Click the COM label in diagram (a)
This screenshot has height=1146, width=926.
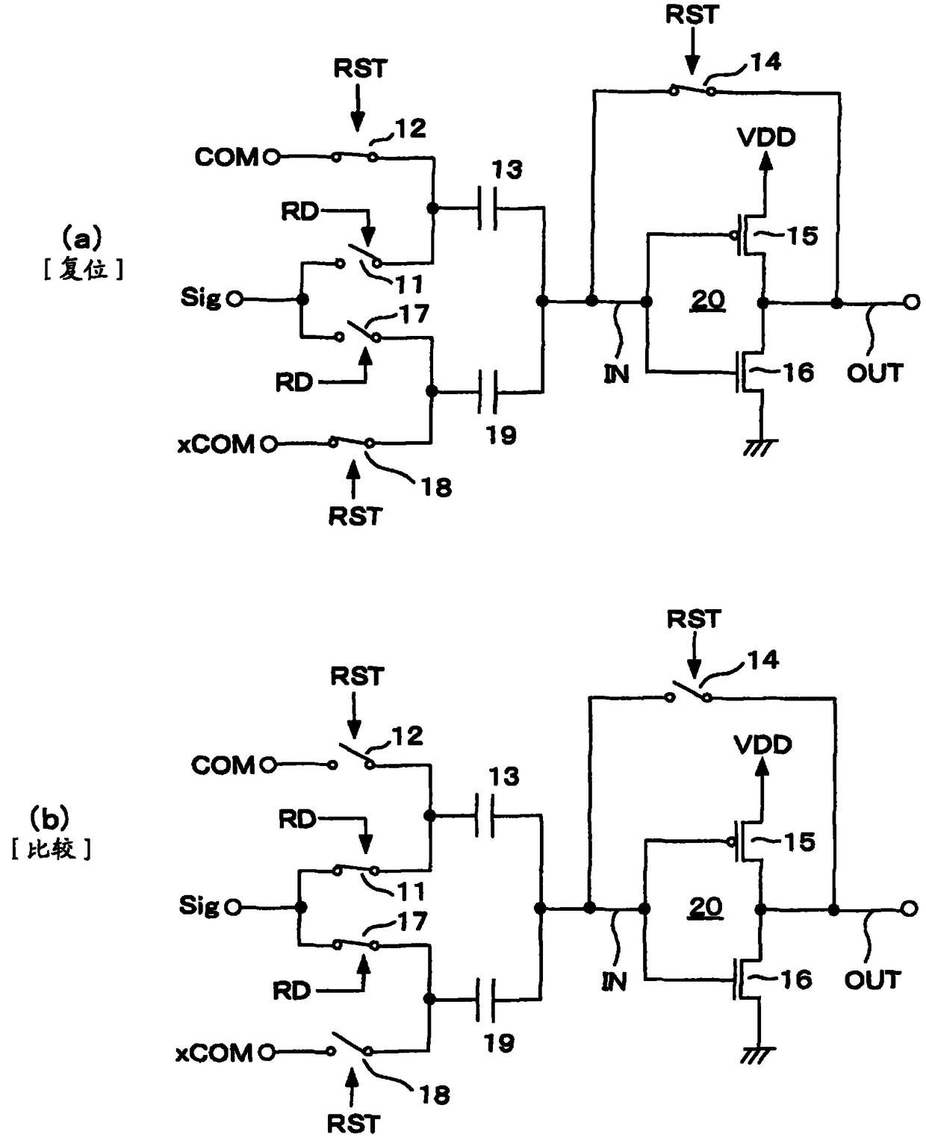tap(226, 157)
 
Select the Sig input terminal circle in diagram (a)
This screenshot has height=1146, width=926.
tap(234, 299)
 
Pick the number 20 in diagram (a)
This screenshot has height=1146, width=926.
tap(707, 300)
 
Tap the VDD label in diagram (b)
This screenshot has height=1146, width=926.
tap(763, 745)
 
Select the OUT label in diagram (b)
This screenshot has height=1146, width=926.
tap(873, 980)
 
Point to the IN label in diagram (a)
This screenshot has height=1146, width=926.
tap(616, 373)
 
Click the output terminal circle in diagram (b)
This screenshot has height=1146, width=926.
tap(909, 909)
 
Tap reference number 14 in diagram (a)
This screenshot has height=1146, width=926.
tap(765, 62)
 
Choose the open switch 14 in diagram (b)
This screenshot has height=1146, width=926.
tap(689, 690)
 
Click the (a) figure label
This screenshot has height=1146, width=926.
tap(82, 238)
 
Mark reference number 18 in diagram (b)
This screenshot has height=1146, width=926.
tap(435, 1095)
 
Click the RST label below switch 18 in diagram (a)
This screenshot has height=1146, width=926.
tap(355, 516)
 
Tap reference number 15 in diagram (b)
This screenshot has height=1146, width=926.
tap(800, 842)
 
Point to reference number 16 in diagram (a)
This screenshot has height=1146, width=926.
tap(798, 373)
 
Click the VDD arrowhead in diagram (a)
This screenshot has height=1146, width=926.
tap(766, 161)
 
